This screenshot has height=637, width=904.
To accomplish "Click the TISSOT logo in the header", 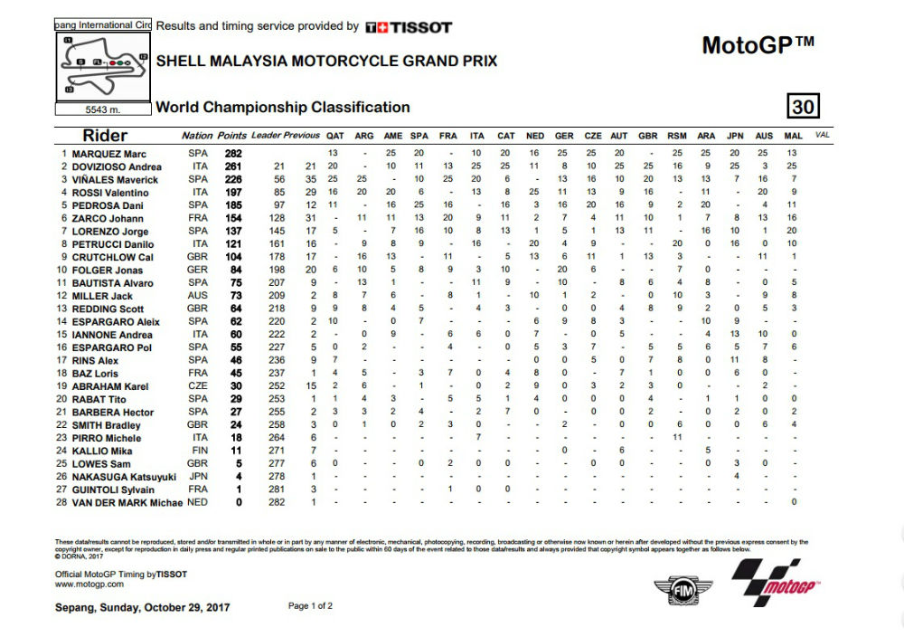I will coord(409,27).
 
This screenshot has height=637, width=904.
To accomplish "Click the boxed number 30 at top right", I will coord(803,107).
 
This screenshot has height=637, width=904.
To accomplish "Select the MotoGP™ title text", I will coord(758,45).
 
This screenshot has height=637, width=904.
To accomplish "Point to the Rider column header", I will coord(105,136).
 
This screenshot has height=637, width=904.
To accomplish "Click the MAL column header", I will coord(793,136).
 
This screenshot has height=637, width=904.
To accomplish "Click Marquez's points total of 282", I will coord(234,154).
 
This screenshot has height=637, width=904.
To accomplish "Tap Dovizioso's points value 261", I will coord(234,167).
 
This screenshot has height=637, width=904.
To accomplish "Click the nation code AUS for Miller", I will coord(198,296).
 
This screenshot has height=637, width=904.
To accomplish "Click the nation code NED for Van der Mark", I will coord(198,501).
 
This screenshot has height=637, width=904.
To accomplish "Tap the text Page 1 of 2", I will coord(310,605).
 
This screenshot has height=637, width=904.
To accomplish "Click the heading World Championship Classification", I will coord(283,107).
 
